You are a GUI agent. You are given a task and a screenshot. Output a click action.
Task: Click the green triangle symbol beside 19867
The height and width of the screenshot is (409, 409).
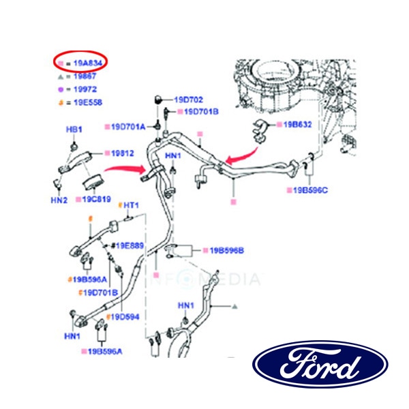coord(61,77)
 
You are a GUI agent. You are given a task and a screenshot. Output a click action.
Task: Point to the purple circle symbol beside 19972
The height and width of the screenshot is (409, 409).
coord(61,90)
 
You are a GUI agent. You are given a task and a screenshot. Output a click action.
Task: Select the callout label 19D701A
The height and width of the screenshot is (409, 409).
coord(128,126)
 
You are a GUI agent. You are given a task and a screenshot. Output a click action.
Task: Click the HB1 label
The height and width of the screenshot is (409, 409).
coord(73,130)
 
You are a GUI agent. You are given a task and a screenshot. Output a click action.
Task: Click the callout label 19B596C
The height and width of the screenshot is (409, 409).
coord(310,190)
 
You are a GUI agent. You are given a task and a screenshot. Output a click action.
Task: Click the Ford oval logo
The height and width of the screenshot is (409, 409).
coord(320,365)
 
